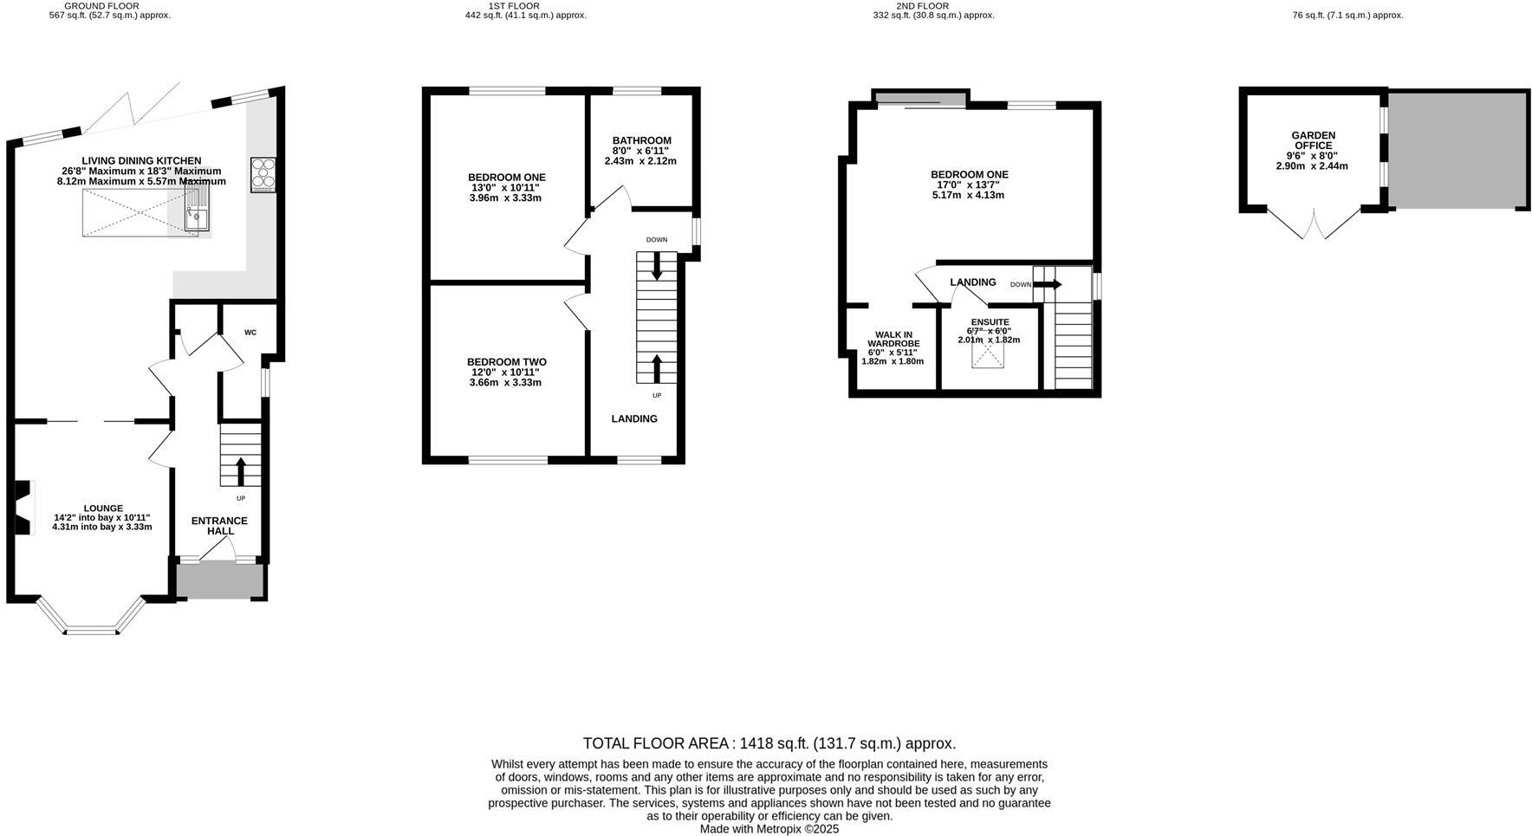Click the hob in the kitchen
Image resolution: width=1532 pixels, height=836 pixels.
[263, 174]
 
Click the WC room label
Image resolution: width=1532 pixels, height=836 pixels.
[250, 333]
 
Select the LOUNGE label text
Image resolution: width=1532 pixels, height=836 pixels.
[103, 509]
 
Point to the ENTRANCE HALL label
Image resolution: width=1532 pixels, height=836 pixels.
[219, 526]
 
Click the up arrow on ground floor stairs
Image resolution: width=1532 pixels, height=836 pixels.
[241, 471]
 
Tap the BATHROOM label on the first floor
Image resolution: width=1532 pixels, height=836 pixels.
[641, 140]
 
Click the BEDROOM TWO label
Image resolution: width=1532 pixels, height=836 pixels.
[506, 362]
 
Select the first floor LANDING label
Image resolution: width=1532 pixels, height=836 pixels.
[634, 418]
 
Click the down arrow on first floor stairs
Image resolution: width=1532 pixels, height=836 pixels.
[656, 265]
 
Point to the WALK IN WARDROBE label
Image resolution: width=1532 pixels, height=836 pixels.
[893, 339]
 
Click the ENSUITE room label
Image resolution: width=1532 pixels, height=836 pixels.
[990, 322]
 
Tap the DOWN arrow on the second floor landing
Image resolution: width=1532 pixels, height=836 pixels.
[1047, 284]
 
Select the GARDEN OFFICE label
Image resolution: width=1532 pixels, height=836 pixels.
[1313, 140]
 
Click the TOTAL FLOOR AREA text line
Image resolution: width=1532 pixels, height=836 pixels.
[769, 743]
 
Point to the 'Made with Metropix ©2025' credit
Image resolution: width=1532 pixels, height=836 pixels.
[769, 829]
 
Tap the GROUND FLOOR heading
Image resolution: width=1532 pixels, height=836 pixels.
[101, 6]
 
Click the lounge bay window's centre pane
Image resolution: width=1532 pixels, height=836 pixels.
[92, 631]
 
